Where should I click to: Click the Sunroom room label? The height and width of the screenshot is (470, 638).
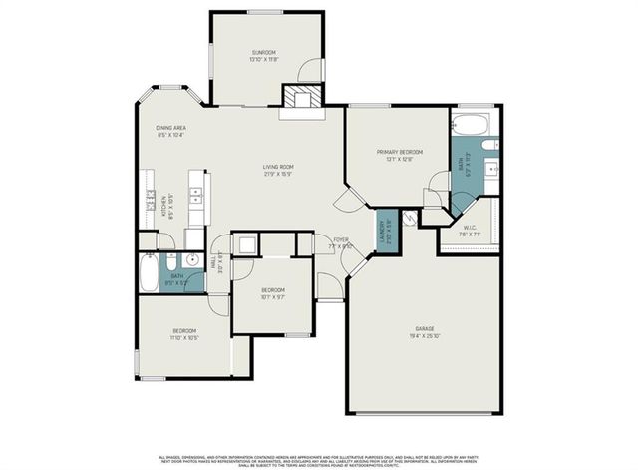point(263,55)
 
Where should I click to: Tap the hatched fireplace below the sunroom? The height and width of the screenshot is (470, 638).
point(303,98)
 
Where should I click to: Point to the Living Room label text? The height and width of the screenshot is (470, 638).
point(278,170)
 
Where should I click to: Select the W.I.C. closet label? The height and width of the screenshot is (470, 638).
point(472,228)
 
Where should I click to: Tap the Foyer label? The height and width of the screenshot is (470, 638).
point(340,242)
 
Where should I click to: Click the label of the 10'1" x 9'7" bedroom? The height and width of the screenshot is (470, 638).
point(273,292)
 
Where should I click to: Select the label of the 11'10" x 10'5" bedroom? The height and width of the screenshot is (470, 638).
point(184,333)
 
